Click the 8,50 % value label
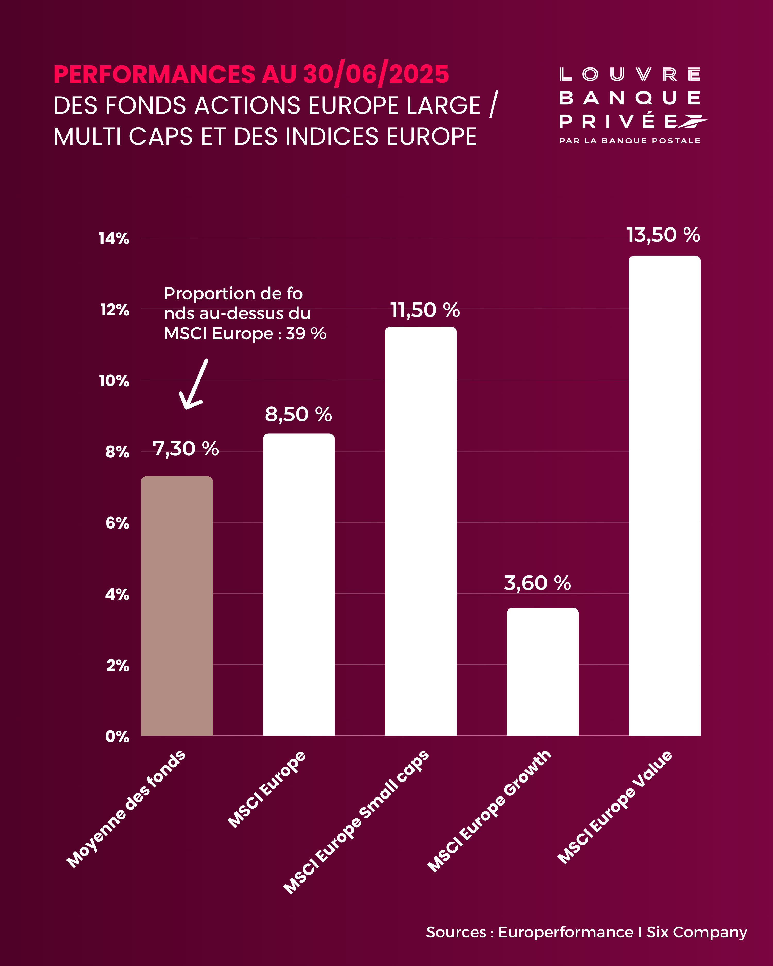coord(298,414)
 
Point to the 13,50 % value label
coord(663,235)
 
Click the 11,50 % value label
coord(425,310)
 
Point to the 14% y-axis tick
coord(114,238)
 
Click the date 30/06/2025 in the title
coord(375,74)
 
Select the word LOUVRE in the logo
coord(629,74)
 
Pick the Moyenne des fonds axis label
coord(126,809)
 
